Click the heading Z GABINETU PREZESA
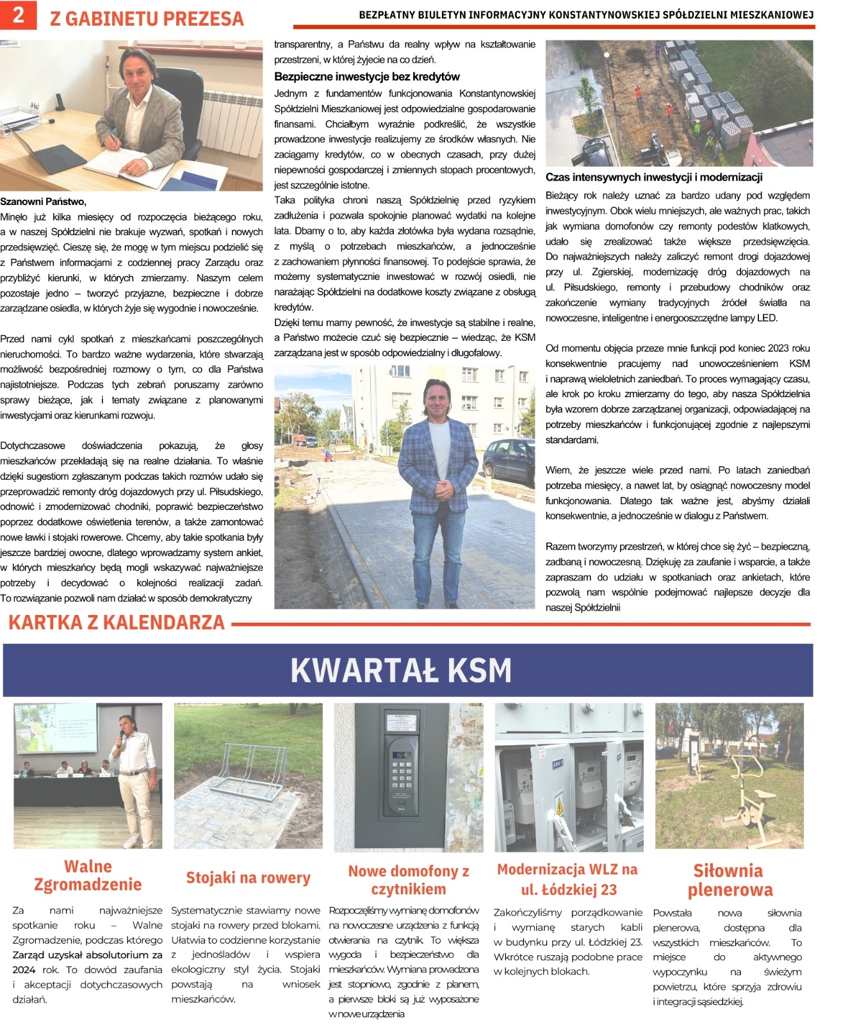point(147,19)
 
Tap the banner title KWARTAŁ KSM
point(401,671)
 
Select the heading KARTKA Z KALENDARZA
point(117,623)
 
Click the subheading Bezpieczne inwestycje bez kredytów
point(366,77)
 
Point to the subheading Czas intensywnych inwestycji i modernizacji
point(653,177)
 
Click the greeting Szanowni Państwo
point(43,202)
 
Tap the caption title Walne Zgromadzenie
point(88,875)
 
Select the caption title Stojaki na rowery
point(248,878)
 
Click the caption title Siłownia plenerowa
point(730,880)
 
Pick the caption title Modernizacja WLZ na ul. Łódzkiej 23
point(567,879)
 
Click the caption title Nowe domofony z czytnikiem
point(409,880)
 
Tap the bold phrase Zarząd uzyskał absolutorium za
point(87,955)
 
